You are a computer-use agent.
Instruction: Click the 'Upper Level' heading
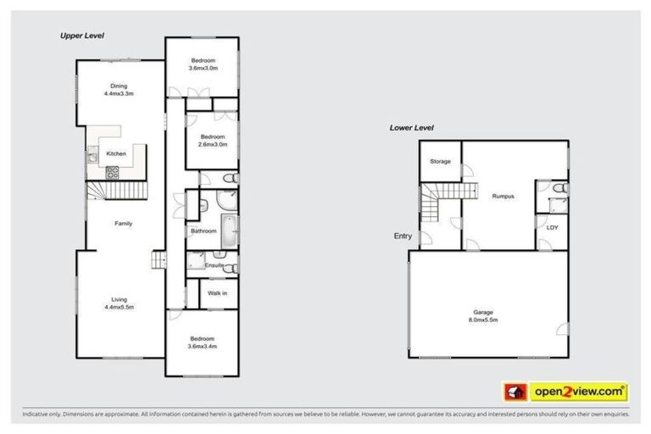(81, 36)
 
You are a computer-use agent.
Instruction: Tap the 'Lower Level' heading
(411, 128)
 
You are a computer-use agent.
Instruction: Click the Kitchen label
(116, 153)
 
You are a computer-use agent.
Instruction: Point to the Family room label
(124, 224)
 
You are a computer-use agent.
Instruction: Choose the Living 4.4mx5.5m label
(120, 303)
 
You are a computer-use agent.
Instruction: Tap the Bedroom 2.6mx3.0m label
(212, 141)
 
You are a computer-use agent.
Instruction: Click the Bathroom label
(203, 231)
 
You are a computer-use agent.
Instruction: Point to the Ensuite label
(214, 265)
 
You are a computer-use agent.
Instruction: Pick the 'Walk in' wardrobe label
(219, 293)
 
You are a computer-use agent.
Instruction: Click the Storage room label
(440, 161)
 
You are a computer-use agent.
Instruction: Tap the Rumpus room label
(504, 197)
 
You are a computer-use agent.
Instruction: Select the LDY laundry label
(552, 227)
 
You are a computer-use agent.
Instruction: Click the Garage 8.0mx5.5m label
(482, 317)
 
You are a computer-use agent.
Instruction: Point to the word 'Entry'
(403, 236)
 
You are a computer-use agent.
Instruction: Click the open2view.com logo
(565, 392)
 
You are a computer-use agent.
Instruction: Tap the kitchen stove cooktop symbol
(113, 171)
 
